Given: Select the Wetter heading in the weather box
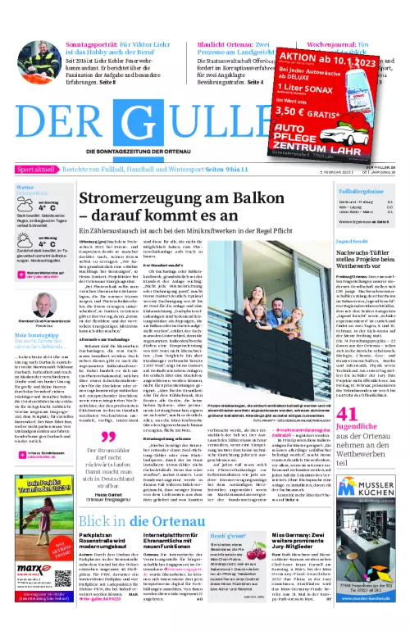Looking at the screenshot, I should coord(24,187).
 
